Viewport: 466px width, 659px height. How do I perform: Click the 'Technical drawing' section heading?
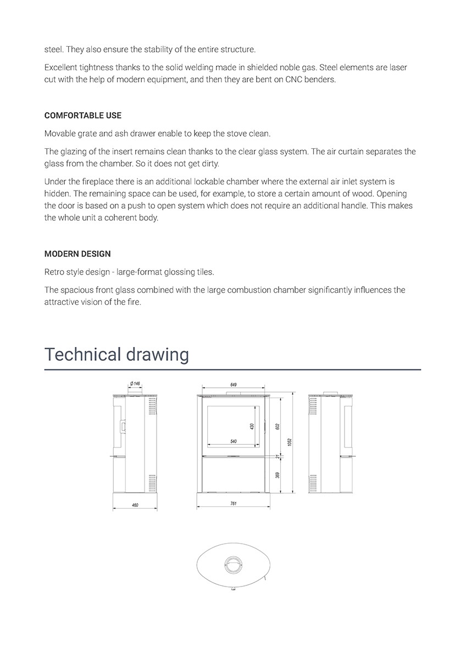[116, 354]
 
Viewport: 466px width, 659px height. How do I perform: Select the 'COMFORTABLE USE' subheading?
[83, 116]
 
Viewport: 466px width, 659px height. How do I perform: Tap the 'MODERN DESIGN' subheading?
[77, 254]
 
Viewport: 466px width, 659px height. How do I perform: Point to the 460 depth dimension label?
[135, 505]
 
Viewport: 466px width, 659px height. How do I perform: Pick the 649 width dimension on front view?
[233, 384]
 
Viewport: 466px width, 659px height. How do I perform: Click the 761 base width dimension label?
[233, 504]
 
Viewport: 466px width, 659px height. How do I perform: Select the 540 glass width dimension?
[233, 442]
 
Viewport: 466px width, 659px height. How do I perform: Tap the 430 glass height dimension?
[252, 426]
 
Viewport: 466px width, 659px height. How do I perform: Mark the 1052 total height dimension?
[290, 443]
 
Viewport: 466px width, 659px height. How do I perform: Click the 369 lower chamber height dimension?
[278, 475]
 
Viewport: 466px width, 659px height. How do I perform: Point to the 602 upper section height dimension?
[278, 426]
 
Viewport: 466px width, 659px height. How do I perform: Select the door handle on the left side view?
[124, 425]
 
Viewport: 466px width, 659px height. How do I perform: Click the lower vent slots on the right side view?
[313, 483]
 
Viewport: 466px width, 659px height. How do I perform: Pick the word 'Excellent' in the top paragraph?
[62, 68]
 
